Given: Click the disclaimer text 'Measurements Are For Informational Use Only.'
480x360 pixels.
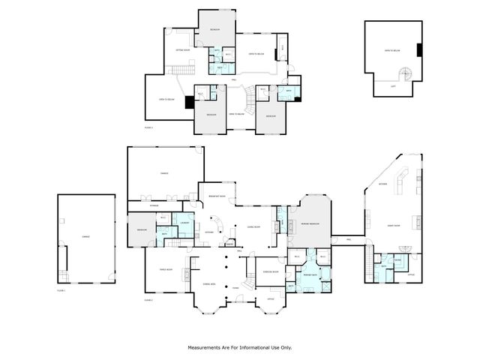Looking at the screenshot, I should point(239,347).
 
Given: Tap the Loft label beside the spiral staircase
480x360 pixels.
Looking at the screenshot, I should point(393,85).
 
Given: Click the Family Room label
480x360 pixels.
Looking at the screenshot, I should point(166,269).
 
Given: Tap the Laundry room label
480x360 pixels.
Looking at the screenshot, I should point(184,223).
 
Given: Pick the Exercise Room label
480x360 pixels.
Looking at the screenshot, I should point(270,271).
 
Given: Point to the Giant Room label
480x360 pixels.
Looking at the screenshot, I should point(392,225).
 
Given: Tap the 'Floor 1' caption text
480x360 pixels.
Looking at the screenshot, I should point(61,290).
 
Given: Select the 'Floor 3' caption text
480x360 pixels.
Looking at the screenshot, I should point(148,127).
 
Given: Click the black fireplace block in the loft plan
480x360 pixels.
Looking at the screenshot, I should point(420,51).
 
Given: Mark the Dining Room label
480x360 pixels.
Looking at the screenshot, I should point(253,226).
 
